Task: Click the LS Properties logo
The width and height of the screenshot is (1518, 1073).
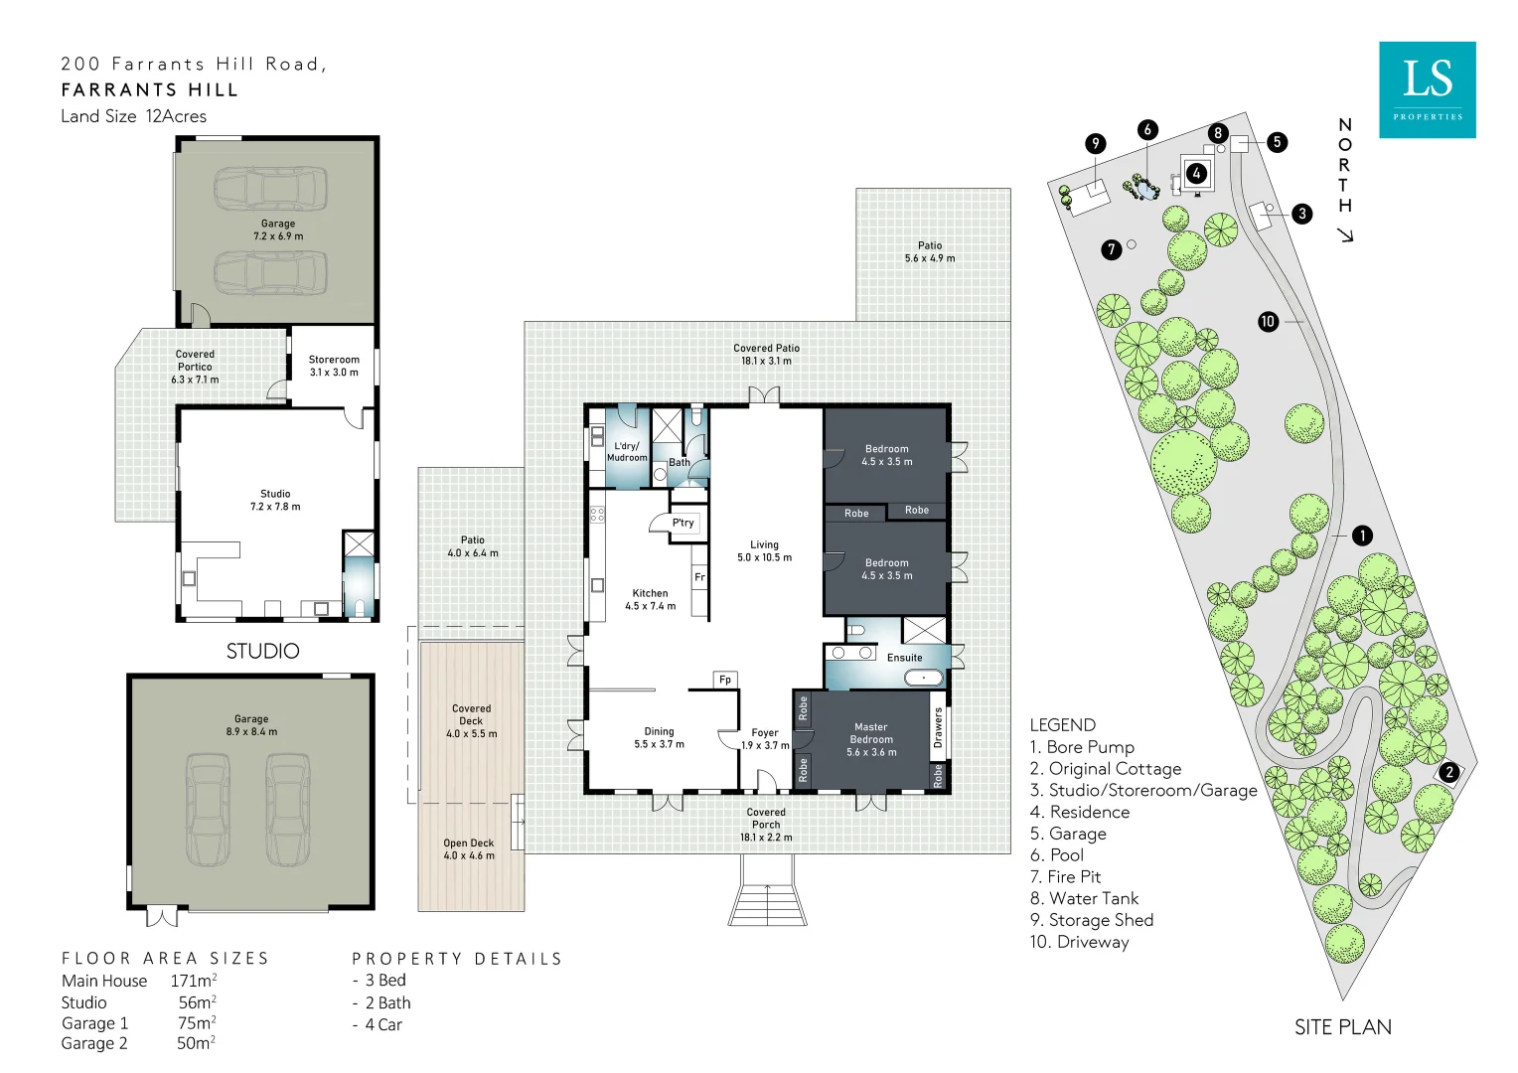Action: pyautogui.click(x=1427, y=89)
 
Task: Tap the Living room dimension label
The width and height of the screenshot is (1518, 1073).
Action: pyautogui.click(x=764, y=557)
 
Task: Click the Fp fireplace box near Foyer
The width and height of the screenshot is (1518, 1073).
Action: pyautogui.click(x=725, y=680)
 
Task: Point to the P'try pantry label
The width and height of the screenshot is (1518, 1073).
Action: pyautogui.click(x=683, y=523)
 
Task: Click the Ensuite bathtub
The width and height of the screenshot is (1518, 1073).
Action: pyautogui.click(x=924, y=678)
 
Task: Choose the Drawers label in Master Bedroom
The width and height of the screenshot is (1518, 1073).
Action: pyautogui.click(x=938, y=727)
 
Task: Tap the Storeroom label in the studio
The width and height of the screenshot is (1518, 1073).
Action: pyautogui.click(x=334, y=360)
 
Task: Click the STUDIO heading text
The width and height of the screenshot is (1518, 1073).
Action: pyautogui.click(x=262, y=651)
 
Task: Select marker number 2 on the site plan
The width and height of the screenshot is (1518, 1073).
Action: pyautogui.click(x=1449, y=772)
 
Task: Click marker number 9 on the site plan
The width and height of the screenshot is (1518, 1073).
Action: pyautogui.click(x=1095, y=143)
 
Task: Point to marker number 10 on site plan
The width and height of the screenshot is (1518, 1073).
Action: pyautogui.click(x=1268, y=321)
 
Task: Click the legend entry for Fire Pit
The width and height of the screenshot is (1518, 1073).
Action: pyautogui.click(x=1065, y=876)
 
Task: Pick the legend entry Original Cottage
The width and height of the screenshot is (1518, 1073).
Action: pyautogui.click(x=1106, y=768)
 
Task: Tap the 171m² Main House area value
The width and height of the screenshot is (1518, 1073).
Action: pyautogui.click(x=194, y=981)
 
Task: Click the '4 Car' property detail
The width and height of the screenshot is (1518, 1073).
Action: pyautogui.click(x=382, y=1024)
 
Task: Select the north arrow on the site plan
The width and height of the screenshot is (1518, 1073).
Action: pyautogui.click(x=1345, y=234)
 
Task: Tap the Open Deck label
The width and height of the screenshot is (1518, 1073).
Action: pyautogui.click(x=468, y=843)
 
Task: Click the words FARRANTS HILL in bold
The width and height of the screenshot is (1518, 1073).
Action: pyautogui.click(x=149, y=90)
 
